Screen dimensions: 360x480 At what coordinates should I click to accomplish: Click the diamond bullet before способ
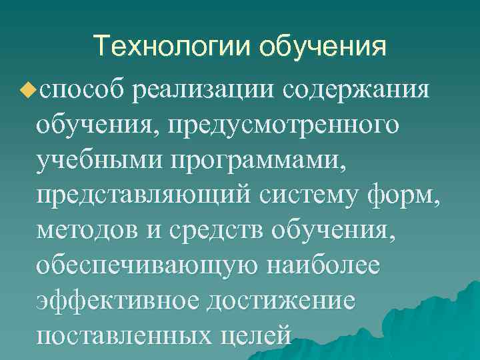27,87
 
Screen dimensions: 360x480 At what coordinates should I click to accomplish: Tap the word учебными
100,159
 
